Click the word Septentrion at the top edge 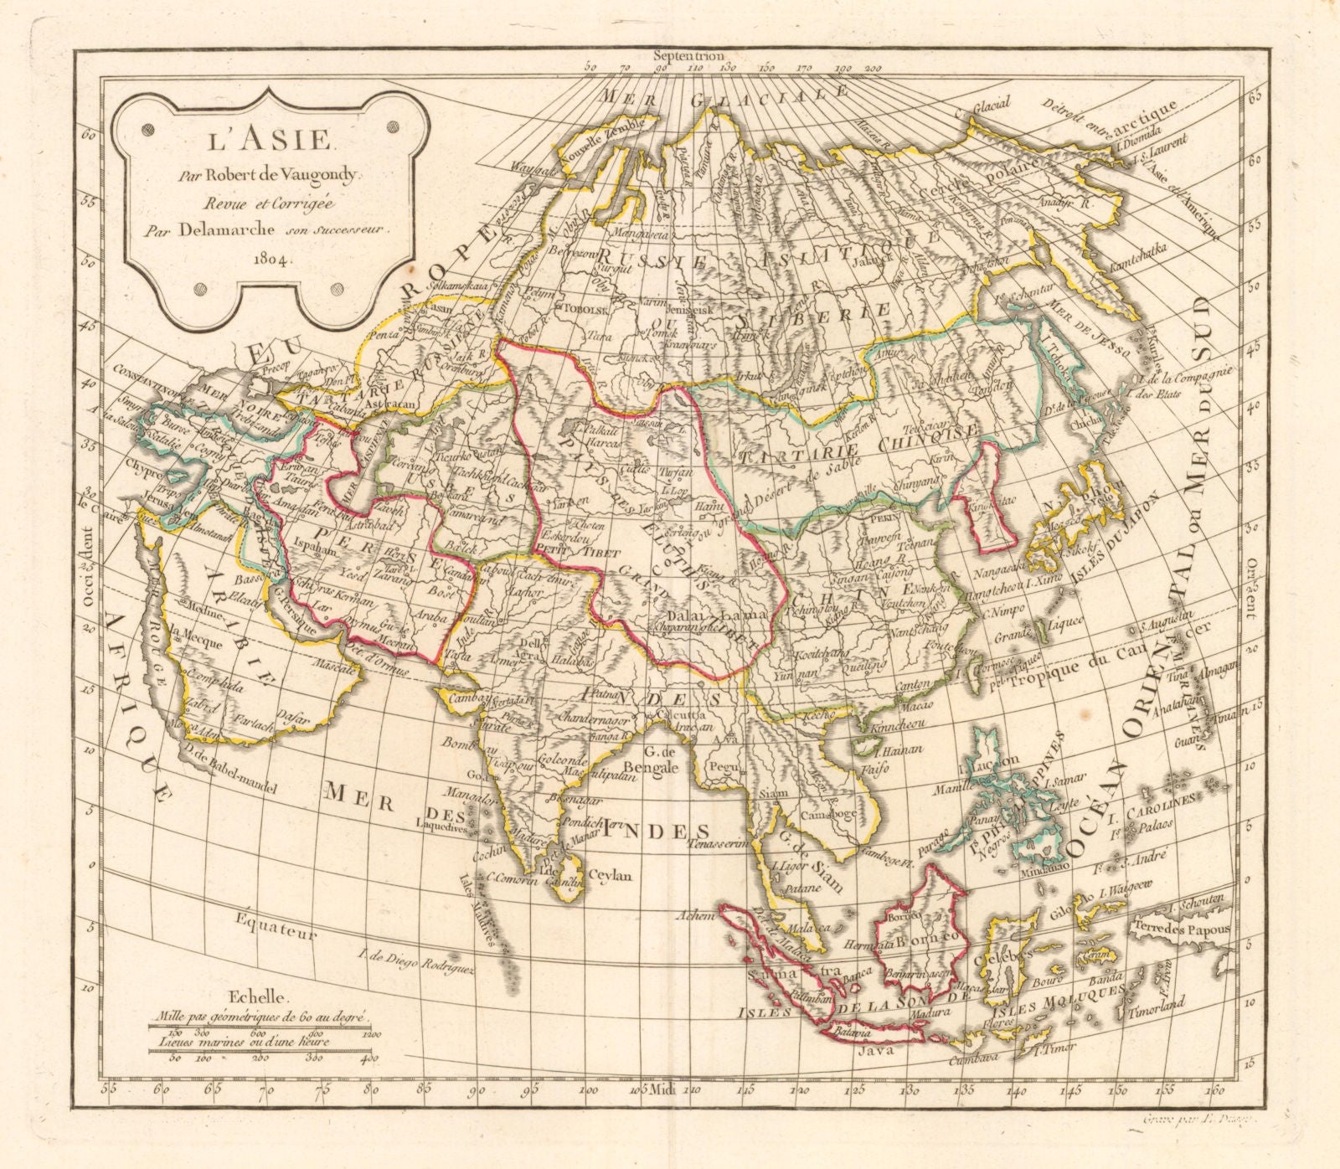(x=691, y=54)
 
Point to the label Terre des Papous (x=1180, y=929)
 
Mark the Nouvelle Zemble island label (x=594, y=147)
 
